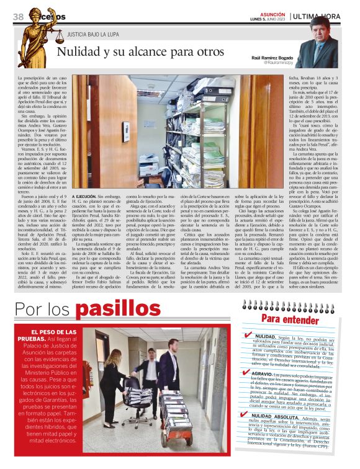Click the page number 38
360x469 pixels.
(x=18, y=17)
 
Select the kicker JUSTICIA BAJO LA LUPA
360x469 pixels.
(x=93, y=36)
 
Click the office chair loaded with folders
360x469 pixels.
(x=140, y=397)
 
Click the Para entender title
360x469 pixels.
(x=289, y=318)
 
